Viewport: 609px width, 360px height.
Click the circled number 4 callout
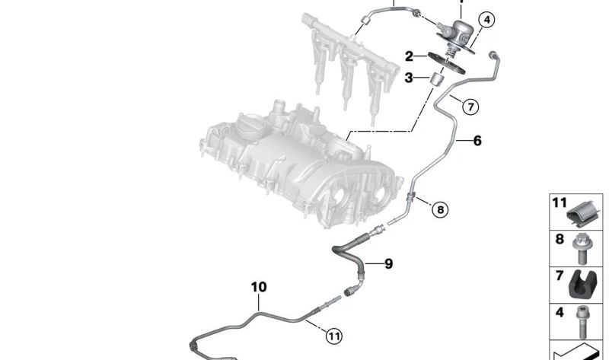(486, 20)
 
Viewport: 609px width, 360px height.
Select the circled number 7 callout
(470, 107)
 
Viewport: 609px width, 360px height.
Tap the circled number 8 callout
(440, 210)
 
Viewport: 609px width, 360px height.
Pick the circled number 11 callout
(334, 336)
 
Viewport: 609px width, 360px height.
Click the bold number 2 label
(409, 56)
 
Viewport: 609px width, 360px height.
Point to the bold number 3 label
(409, 78)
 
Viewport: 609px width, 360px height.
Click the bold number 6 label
(477, 140)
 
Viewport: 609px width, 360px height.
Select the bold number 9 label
(388, 263)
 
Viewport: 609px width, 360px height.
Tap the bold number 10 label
(259, 287)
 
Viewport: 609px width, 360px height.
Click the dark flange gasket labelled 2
(446, 63)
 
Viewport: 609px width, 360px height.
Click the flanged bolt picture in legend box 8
(581, 249)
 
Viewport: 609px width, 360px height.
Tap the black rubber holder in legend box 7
(582, 286)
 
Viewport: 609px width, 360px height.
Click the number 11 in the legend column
(560, 202)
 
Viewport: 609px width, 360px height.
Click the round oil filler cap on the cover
(253, 125)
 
